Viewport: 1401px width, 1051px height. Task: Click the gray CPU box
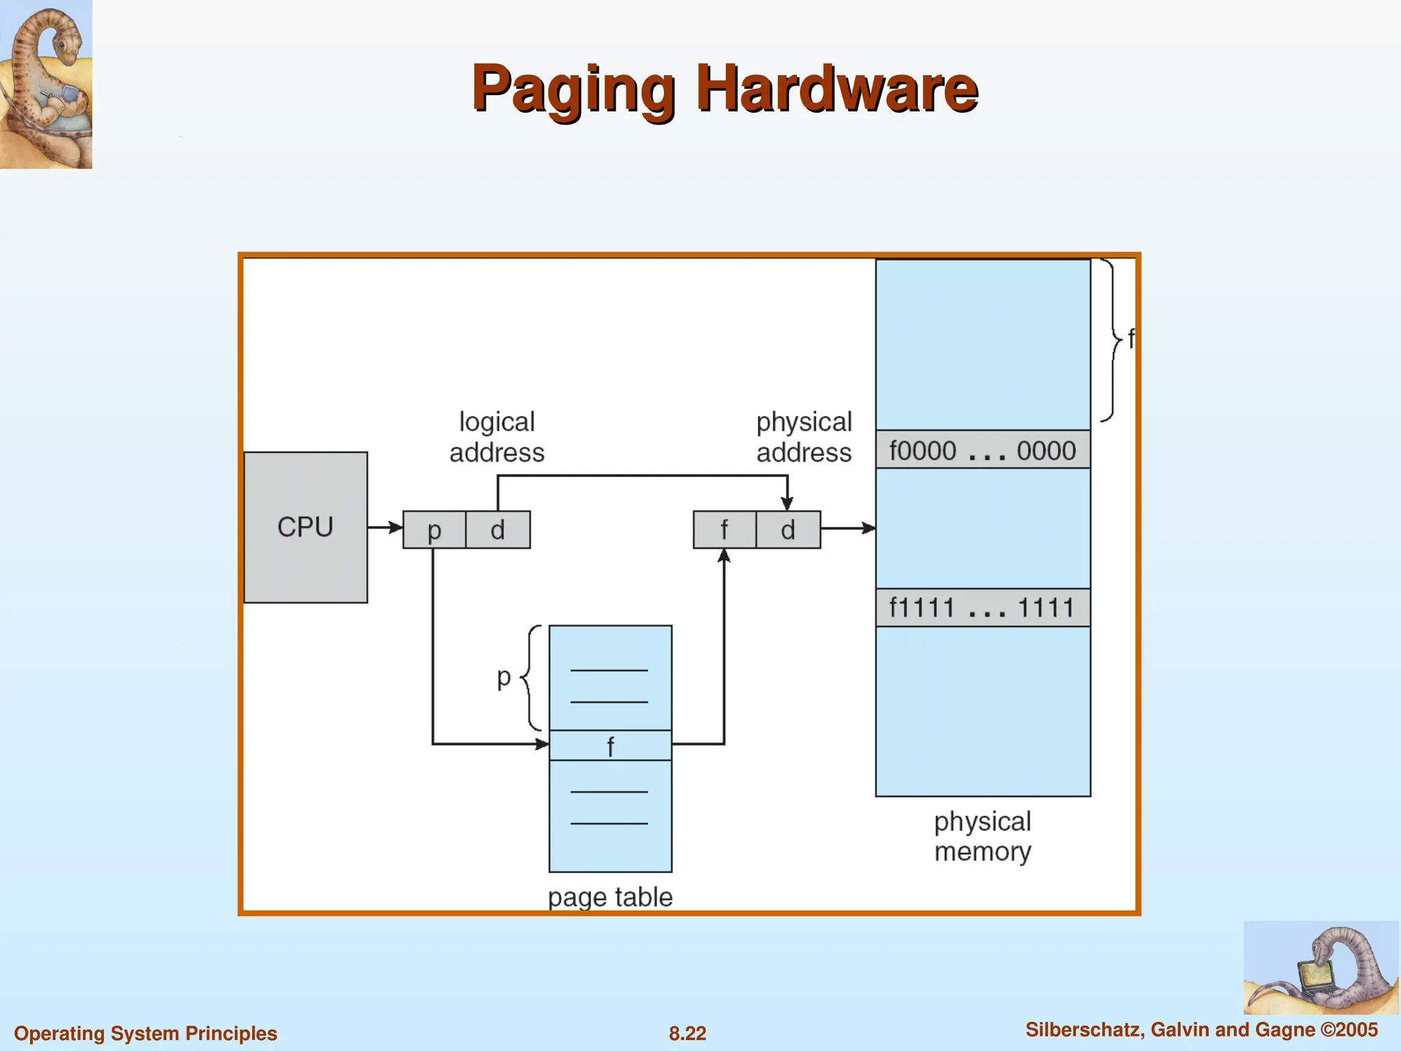click(305, 527)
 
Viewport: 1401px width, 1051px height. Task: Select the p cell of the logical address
click(434, 530)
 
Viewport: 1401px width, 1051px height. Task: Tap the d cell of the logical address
click(497, 530)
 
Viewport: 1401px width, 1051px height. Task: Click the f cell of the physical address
click(724, 530)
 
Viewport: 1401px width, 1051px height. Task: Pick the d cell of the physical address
click(788, 530)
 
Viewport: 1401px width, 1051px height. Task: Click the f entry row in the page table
click(610, 746)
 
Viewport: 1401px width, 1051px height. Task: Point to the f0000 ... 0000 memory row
click(982, 450)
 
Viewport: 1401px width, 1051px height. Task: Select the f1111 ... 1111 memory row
click(982, 608)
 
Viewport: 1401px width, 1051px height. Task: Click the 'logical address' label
click(497, 437)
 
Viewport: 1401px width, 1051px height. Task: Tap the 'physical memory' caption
click(982, 836)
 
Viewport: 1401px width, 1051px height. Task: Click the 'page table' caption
click(610, 897)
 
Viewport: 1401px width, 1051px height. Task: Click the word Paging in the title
click(573, 89)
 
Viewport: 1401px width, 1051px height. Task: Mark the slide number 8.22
click(688, 1033)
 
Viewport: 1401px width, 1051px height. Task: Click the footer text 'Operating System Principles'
click(146, 1033)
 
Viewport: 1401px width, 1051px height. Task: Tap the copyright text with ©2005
click(1201, 1030)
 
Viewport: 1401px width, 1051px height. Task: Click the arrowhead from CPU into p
click(396, 528)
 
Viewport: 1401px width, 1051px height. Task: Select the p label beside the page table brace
click(504, 677)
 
